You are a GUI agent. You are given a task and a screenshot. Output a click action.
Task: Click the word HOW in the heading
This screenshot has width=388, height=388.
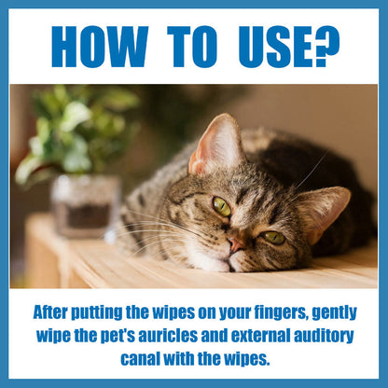pos(100,47)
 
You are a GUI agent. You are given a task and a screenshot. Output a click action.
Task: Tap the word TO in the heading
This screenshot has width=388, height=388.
pos(192,47)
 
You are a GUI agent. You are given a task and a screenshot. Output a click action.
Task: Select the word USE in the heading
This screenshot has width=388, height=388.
pos(275,47)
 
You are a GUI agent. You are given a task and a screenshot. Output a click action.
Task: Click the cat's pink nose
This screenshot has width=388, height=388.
pos(235,244)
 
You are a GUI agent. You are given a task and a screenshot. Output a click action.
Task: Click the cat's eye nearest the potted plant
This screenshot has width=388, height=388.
pos(222,206)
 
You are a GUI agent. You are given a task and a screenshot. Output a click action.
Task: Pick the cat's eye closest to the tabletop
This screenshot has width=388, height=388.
pos(273,238)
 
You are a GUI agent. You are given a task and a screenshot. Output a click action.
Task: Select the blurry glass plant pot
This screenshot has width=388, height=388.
pos(85,206)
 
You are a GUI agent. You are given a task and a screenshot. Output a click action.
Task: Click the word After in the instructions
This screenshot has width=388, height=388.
pos(50,312)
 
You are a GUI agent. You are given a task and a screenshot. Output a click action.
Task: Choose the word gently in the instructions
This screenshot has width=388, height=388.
pos(334,313)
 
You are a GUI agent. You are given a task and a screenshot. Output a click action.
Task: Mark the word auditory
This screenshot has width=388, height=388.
pos(324,337)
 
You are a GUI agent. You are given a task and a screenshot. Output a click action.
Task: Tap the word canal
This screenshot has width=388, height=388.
pos(141,359)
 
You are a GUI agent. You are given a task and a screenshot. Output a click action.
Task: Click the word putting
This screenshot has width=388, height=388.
pos(97,312)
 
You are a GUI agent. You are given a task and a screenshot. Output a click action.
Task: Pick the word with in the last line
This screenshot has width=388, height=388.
pos(179,359)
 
